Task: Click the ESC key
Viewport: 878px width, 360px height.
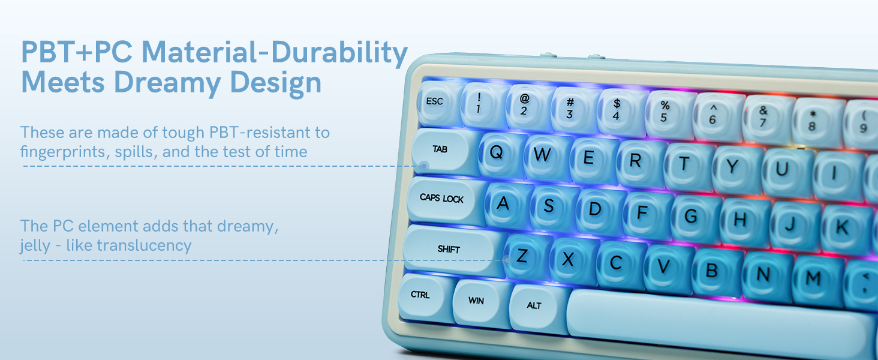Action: [435, 102]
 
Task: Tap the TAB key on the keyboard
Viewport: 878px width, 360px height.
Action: [441, 150]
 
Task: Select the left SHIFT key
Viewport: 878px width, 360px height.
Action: [450, 249]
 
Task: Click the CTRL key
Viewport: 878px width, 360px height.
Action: [420, 295]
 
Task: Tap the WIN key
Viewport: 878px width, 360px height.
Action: [476, 300]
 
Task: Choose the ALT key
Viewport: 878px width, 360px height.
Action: [534, 306]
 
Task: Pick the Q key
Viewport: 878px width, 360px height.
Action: [497, 152]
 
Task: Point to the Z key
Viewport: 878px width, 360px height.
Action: [522, 256]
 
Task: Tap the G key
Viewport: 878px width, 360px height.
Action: [691, 217]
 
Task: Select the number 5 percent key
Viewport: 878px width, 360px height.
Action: [664, 112]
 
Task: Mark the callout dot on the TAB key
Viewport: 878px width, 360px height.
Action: [425, 165]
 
